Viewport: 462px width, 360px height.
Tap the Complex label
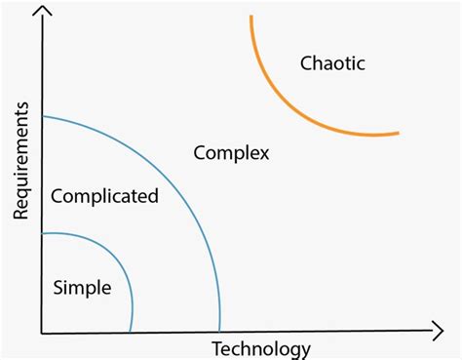231,153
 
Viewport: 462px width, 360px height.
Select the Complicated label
104,196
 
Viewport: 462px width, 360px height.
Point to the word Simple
82,287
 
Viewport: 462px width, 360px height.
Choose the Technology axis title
260,349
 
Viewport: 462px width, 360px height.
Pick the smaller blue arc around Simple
115,261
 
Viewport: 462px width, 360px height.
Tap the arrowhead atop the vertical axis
42,12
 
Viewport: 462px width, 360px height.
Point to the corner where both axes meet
42,333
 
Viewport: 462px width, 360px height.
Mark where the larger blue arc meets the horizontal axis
220,332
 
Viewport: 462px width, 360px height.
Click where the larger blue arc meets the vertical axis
43,117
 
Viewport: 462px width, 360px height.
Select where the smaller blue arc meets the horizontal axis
132,332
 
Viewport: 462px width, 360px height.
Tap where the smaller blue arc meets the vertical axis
43,233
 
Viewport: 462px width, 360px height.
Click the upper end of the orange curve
250,17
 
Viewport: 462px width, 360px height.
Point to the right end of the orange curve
399,133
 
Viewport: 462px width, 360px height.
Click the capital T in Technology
215,348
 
